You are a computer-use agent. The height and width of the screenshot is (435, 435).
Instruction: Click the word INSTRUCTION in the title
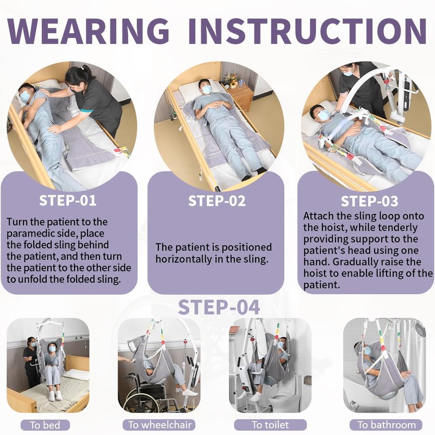pyautogui.click(x=307, y=31)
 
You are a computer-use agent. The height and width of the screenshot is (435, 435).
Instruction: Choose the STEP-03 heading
pyautogui.click(x=369, y=201)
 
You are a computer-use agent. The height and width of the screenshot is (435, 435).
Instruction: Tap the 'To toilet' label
pyautogui.click(x=270, y=425)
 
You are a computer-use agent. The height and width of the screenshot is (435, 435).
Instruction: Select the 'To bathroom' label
pyautogui.click(x=387, y=425)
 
